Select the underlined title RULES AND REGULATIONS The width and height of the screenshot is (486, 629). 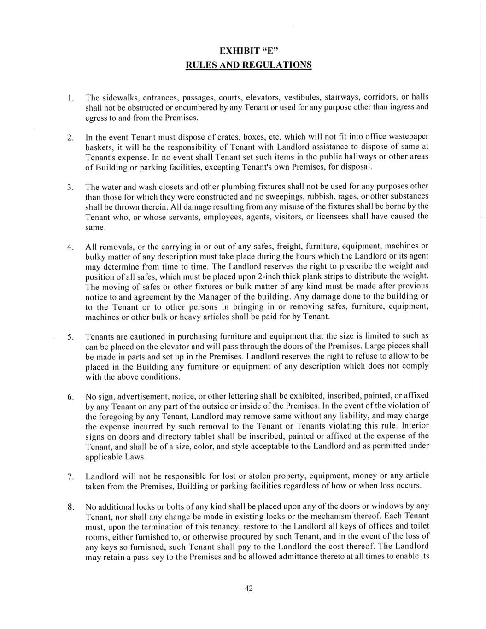pyautogui.click(x=248, y=65)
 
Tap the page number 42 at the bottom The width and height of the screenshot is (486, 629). pyautogui.click(x=249, y=588)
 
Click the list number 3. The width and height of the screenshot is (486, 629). pyautogui.click(x=70, y=188)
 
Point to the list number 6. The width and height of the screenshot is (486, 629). pyautogui.click(x=70, y=397)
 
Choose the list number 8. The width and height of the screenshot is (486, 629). pyautogui.click(x=70, y=508)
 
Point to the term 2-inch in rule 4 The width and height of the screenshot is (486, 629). pyautogui.click(x=269, y=276)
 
